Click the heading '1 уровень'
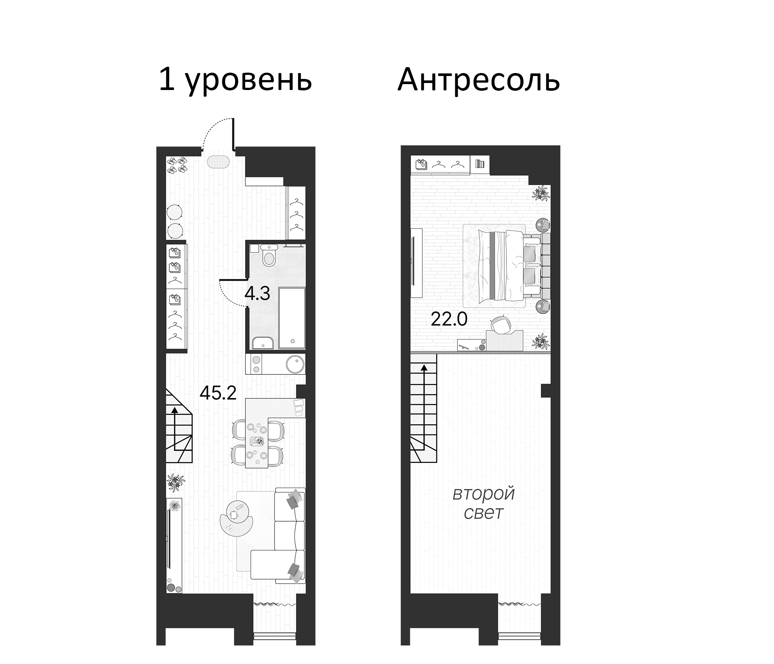pyautogui.click(x=235, y=80)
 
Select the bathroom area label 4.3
pyautogui.click(x=257, y=294)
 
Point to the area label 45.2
pyautogui.click(x=218, y=393)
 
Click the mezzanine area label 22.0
pyautogui.click(x=449, y=319)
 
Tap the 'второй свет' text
pyautogui.click(x=484, y=503)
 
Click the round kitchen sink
pyautogui.click(x=295, y=363)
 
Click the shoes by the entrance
pyautogui.click(x=177, y=165)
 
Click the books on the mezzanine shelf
pyautogui.click(x=480, y=164)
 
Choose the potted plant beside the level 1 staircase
pyautogui.click(x=175, y=482)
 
